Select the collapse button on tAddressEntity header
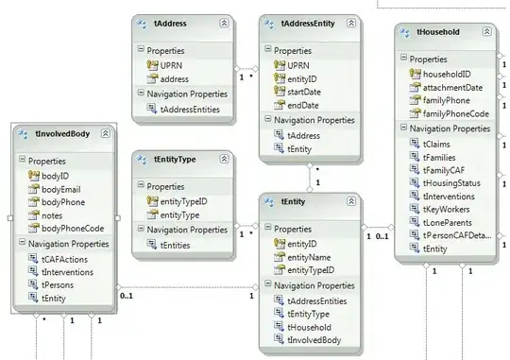point(349,22)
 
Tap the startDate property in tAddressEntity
point(308,91)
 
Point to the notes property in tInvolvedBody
point(52,216)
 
